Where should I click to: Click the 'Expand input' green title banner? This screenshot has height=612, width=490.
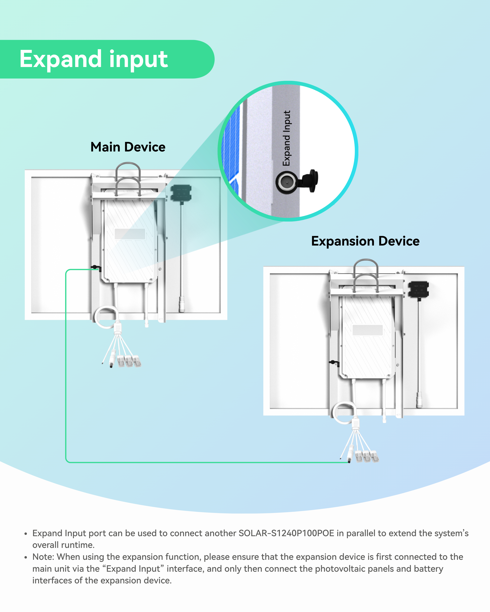click(x=94, y=59)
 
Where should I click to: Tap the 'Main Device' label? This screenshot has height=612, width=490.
click(x=128, y=147)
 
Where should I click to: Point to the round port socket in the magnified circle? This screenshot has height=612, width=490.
click(x=287, y=182)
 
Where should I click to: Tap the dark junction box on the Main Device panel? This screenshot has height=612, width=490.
click(x=181, y=193)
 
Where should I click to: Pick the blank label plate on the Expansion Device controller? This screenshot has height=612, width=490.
click(x=367, y=330)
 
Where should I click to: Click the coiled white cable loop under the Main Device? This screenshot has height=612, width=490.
click(x=106, y=317)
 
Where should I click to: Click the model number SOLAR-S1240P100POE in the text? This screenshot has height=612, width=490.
click(x=286, y=533)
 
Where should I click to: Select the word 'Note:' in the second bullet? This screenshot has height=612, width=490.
click(x=43, y=557)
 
